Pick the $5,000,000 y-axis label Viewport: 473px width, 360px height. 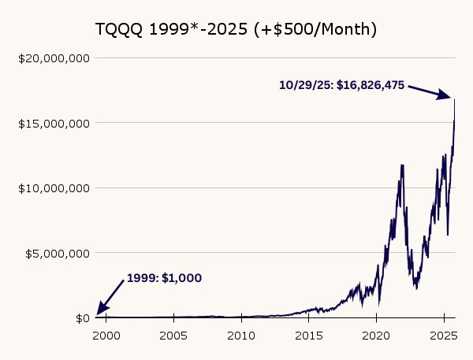[x=56, y=253]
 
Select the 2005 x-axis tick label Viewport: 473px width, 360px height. [x=173, y=334]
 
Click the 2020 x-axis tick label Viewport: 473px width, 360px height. [x=376, y=334]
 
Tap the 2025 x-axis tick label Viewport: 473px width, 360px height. [x=443, y=334]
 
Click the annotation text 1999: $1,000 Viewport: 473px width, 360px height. [x=164, y=278]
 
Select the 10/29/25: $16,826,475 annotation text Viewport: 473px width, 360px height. [x=341, y=84]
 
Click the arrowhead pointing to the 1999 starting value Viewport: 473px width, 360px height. [x=100, y=311]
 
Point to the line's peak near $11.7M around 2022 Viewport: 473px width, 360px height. [x=403, y=165]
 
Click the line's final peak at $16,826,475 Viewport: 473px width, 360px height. [x=454, y=99]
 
